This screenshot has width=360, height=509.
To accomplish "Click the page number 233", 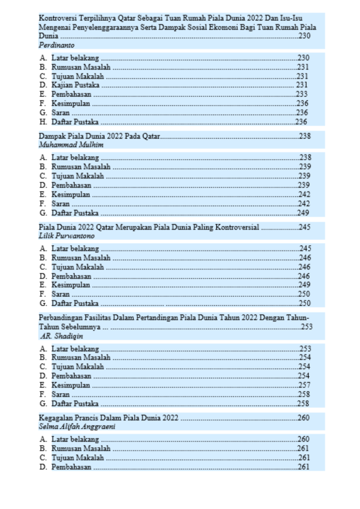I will tap(302, 94).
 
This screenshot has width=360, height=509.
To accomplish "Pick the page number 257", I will tap(304, 385).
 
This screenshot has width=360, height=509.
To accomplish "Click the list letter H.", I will tap(43, 122).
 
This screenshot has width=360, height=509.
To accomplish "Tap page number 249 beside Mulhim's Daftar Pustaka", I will tap(304, 213).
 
